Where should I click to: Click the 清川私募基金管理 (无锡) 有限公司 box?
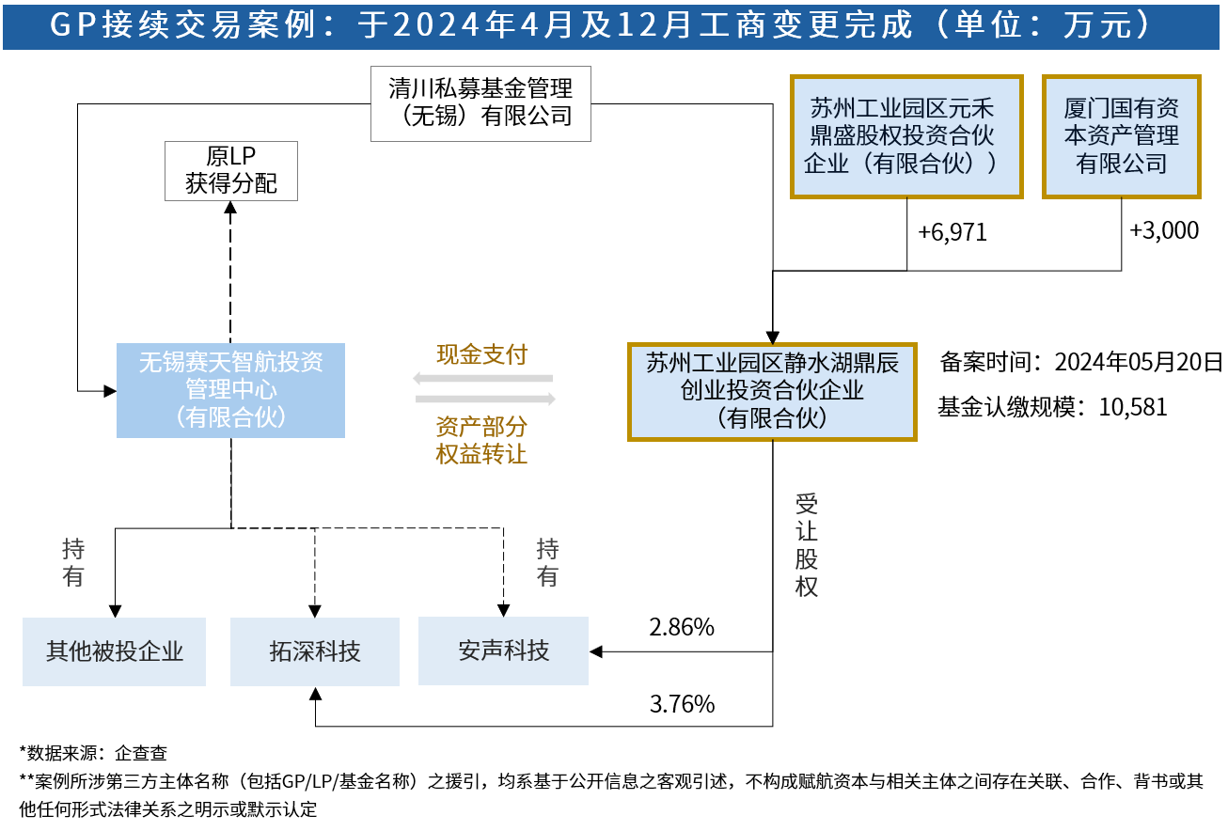[480, 103]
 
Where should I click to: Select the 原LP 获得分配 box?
[231, 171]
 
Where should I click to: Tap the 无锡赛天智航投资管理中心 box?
[230, 390]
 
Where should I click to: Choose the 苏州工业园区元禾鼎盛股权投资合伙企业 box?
[906, 136]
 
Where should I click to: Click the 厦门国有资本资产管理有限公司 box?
[1122, 136]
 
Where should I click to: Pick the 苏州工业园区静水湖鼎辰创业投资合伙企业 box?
[772, 391]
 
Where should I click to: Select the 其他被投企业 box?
[114, 651]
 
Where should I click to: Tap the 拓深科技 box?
[315, 651]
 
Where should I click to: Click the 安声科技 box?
[503, 651]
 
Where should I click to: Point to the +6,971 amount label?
[952, 232]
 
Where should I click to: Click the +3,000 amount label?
[1164, 230]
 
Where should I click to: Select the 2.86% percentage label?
[682, 627]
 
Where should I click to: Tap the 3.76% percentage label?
[682, 704]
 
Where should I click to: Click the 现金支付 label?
[481, 354]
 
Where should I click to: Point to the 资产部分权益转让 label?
[481, 440]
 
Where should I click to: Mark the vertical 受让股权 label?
[807, 545]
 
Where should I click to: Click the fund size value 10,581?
[1133, 407]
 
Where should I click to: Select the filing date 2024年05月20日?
[1139, 362]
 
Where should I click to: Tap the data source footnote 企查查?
[141, 753]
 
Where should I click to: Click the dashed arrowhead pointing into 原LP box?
[230, 207]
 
